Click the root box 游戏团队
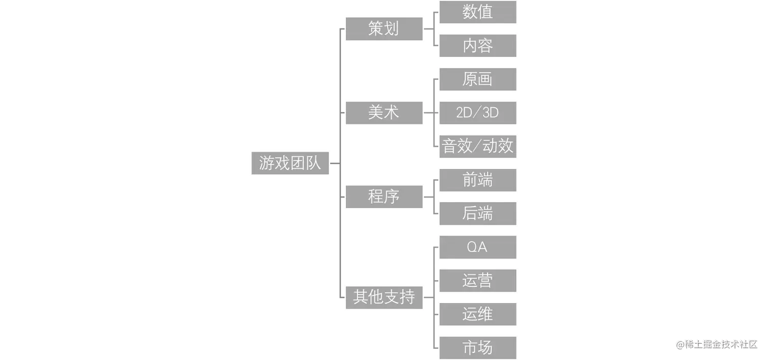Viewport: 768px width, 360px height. (x=290, y=163)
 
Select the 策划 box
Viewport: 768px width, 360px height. (x=383, y=28)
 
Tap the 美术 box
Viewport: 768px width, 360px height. (x=383, y=113)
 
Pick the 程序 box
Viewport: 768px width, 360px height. (x=383, y=196)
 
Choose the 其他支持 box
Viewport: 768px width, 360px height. (x=383, y=297)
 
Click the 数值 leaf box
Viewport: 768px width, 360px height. (x=477, y=12)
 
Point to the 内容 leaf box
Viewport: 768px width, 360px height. (x=477, y=46)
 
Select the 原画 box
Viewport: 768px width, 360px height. (x=477, y=79)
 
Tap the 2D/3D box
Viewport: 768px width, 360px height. (x=477, y=113)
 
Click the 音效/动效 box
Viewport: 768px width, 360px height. (x=477, y=146)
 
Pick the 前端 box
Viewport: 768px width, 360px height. (x=477, y=180)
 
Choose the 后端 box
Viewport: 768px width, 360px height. (x=477, y=213)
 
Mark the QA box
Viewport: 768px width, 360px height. (x=477, y=247)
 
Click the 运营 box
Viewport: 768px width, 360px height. (x=477, y=280)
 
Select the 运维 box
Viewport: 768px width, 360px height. (x=477, y=314)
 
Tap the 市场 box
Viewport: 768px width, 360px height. (x=477, y=348)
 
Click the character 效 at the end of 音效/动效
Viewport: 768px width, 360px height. (x=505, y=146)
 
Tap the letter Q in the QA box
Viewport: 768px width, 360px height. (x=472, y=247)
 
